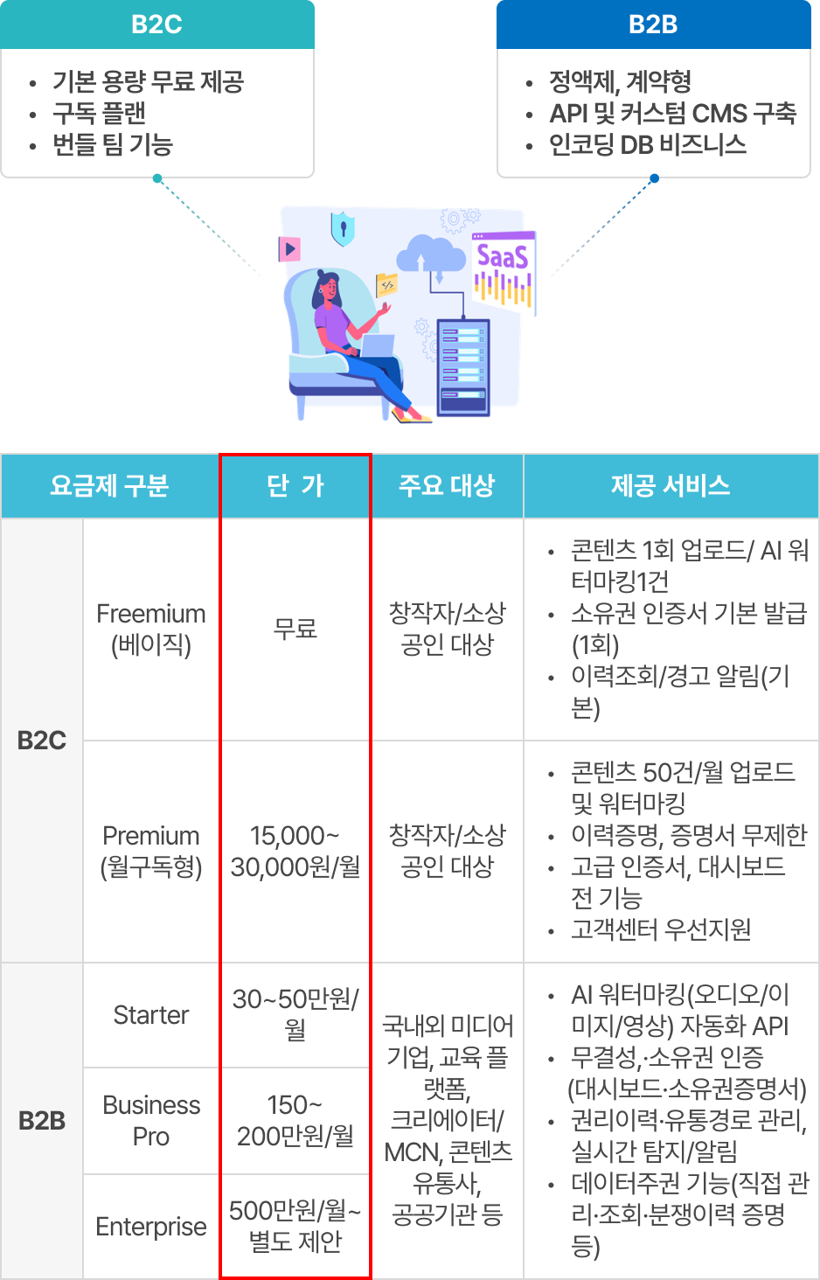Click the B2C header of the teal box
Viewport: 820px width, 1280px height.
156,24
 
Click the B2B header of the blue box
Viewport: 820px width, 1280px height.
653,24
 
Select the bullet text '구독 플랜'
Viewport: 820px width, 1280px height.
99,114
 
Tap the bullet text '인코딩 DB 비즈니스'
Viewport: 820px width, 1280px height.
647,145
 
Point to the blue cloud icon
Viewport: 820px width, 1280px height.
431,254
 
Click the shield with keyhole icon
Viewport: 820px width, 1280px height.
343,228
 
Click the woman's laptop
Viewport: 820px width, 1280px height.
377,346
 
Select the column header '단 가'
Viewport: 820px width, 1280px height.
295,486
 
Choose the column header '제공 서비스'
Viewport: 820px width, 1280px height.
671,486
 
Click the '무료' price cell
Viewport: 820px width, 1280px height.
295,629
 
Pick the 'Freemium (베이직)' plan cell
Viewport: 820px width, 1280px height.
151,629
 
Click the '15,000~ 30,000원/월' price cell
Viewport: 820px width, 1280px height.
295,851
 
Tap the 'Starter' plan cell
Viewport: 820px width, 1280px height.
151,1015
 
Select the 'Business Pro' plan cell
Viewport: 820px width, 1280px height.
151,1120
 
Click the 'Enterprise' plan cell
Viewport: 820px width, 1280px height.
151,1227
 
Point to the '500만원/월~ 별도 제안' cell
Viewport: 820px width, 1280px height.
295,1226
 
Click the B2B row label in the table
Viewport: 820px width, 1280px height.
42,1120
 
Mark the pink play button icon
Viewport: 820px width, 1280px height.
289,249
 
